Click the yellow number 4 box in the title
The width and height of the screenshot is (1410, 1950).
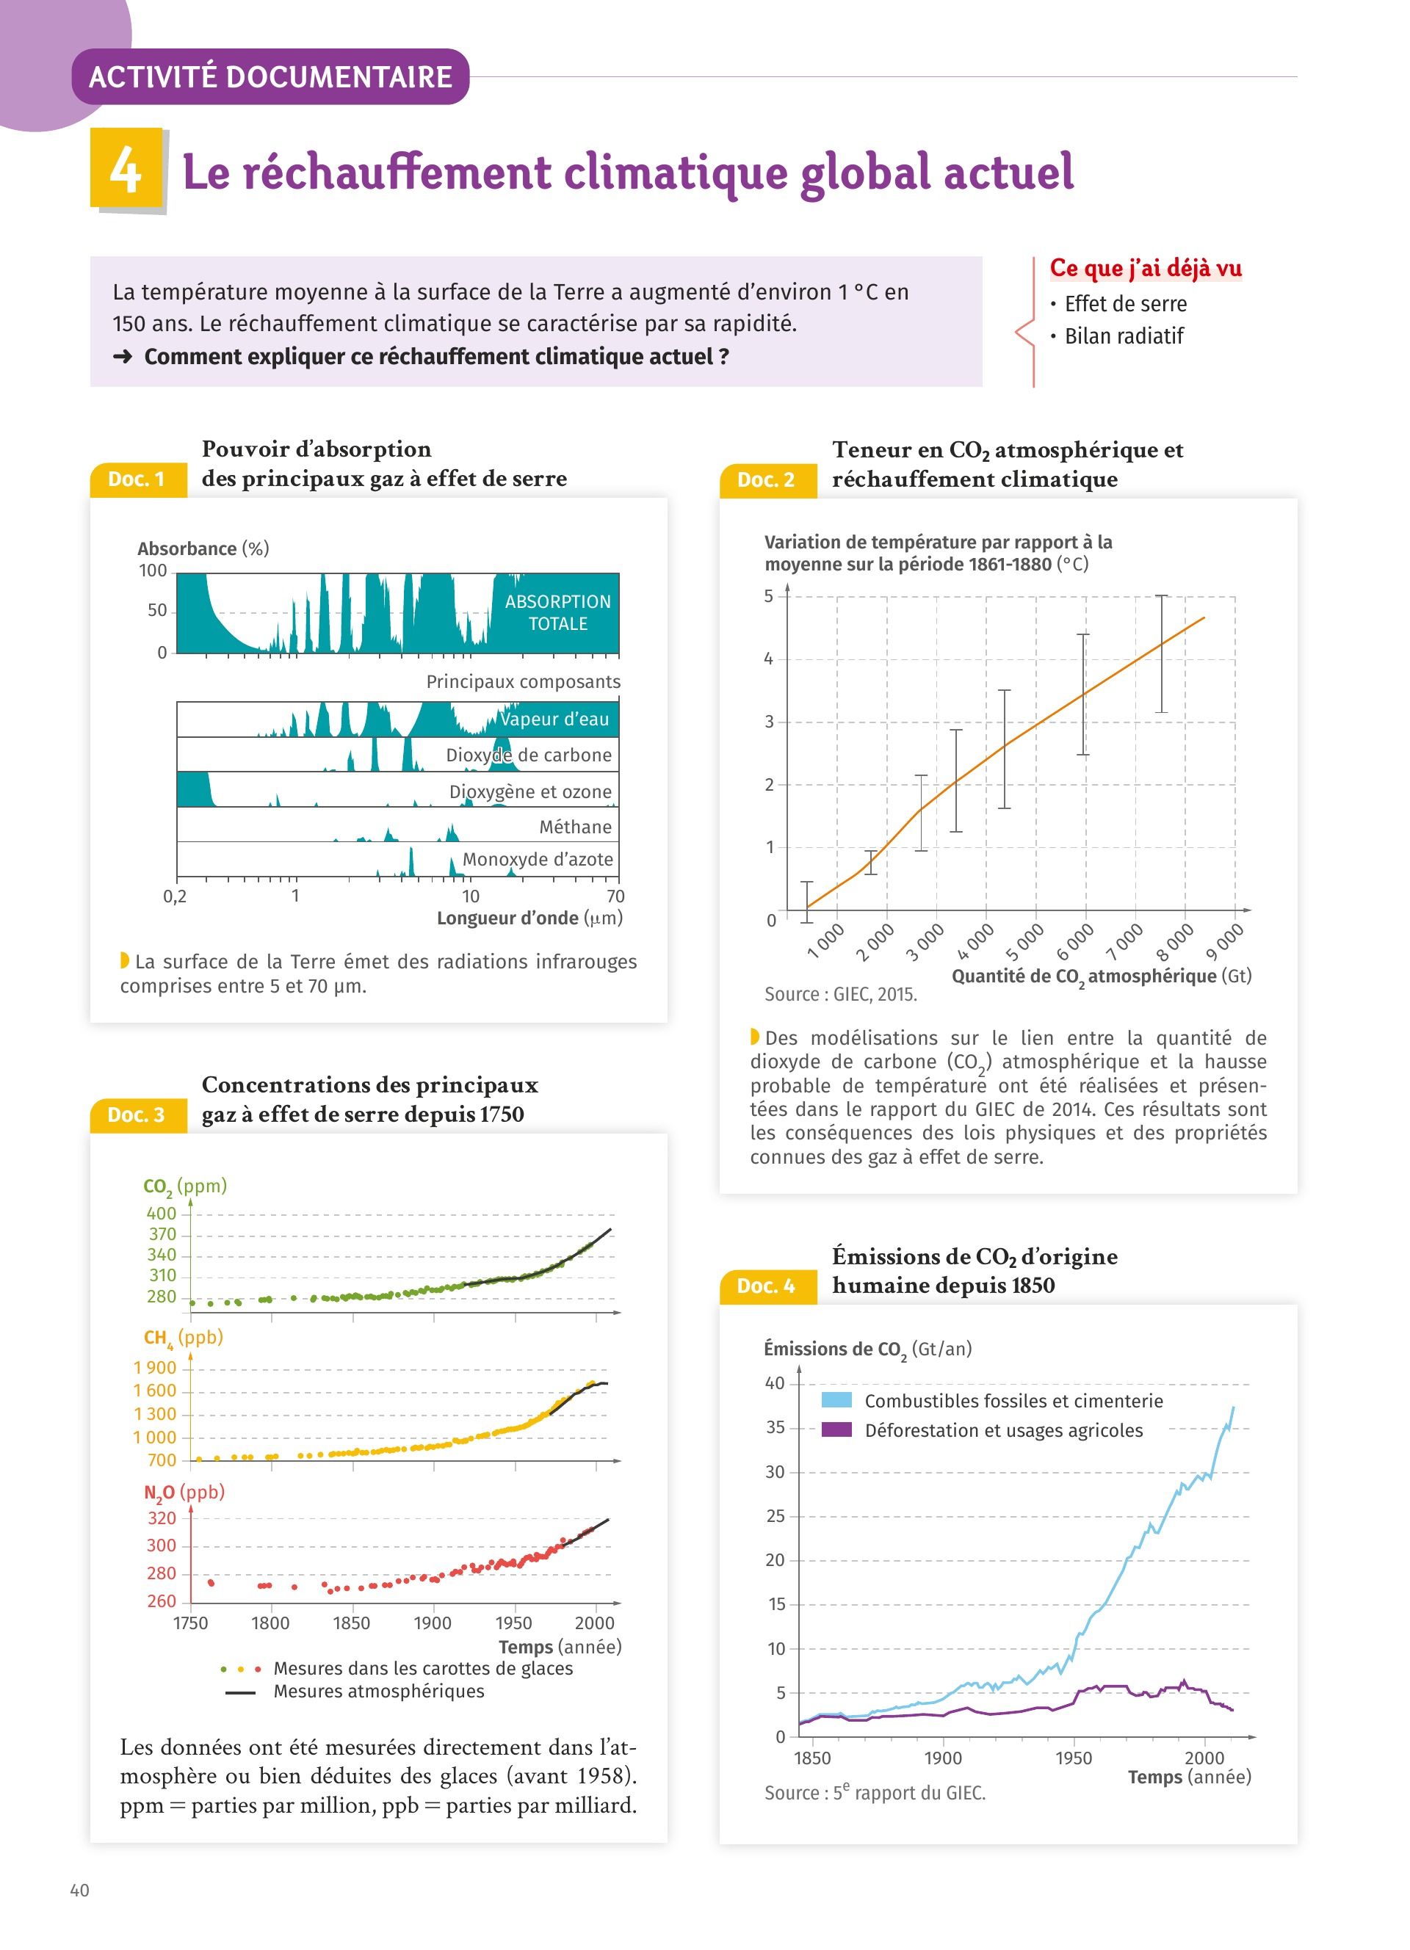coord(126,169)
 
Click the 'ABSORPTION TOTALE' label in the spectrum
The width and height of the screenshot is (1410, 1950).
coord(557,612)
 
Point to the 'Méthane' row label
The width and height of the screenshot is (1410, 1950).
coord(575,827)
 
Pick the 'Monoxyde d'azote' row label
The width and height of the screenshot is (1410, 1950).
coord(538,859)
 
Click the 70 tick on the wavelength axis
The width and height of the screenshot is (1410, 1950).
coord(615,896)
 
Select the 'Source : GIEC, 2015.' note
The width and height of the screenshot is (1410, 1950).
coord(840,994)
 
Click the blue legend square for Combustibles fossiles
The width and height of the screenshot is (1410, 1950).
coord(836,1400)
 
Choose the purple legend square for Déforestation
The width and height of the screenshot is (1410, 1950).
coord(836,1429)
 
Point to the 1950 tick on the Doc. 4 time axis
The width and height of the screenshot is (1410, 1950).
coord(1074,1758)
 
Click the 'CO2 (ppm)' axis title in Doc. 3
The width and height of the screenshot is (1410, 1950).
coord(185,1186)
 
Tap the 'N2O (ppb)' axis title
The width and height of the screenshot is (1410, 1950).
coord(184,1492)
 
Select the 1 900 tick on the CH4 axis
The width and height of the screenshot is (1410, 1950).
coord(155,1368)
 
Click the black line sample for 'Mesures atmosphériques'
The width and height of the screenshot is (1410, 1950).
coord(240,1693)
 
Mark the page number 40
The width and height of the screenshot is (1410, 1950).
coord(79,1890)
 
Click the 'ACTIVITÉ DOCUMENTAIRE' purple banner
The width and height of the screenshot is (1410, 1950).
coord(270,76)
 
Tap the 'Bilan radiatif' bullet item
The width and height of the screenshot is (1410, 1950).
coord(1123,336)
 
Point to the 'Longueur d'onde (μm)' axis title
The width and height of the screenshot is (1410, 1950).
coord(529,918)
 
